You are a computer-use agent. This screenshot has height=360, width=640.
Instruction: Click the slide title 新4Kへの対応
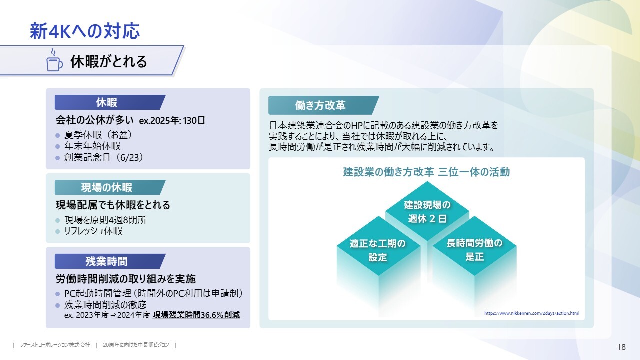pos(85,31)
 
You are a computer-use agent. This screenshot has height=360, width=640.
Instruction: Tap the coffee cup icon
pos(54,60)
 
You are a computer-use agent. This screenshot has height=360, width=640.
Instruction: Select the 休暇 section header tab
pos(110,102)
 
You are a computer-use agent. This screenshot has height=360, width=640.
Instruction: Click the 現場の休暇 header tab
pos(110,187)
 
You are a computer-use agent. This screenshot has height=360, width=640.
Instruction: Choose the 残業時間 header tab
pos(110,261)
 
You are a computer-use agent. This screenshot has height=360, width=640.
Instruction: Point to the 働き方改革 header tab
pos(323,105)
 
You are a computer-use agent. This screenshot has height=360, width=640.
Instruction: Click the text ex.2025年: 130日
pos(172,121)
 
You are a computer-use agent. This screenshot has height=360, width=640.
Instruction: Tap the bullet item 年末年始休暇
pos(92,146)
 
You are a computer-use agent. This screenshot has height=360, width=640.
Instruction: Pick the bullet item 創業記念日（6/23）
pos(103,157)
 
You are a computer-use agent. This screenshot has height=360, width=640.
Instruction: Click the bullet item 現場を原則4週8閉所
pos(105,220)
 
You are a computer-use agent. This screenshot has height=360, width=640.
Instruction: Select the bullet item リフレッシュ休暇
pos(93,231)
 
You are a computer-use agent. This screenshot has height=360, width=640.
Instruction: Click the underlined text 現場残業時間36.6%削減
pos(196,315)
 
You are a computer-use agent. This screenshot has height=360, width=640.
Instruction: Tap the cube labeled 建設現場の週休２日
pos(427,211)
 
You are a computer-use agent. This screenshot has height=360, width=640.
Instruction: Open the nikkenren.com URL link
pos(532,313)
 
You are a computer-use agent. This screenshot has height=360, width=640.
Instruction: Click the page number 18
pos(621,347)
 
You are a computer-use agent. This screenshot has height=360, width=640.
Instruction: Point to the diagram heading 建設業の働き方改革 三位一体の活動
pos(426,172)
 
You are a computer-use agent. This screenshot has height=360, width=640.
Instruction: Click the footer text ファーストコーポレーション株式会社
pos(55,345)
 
